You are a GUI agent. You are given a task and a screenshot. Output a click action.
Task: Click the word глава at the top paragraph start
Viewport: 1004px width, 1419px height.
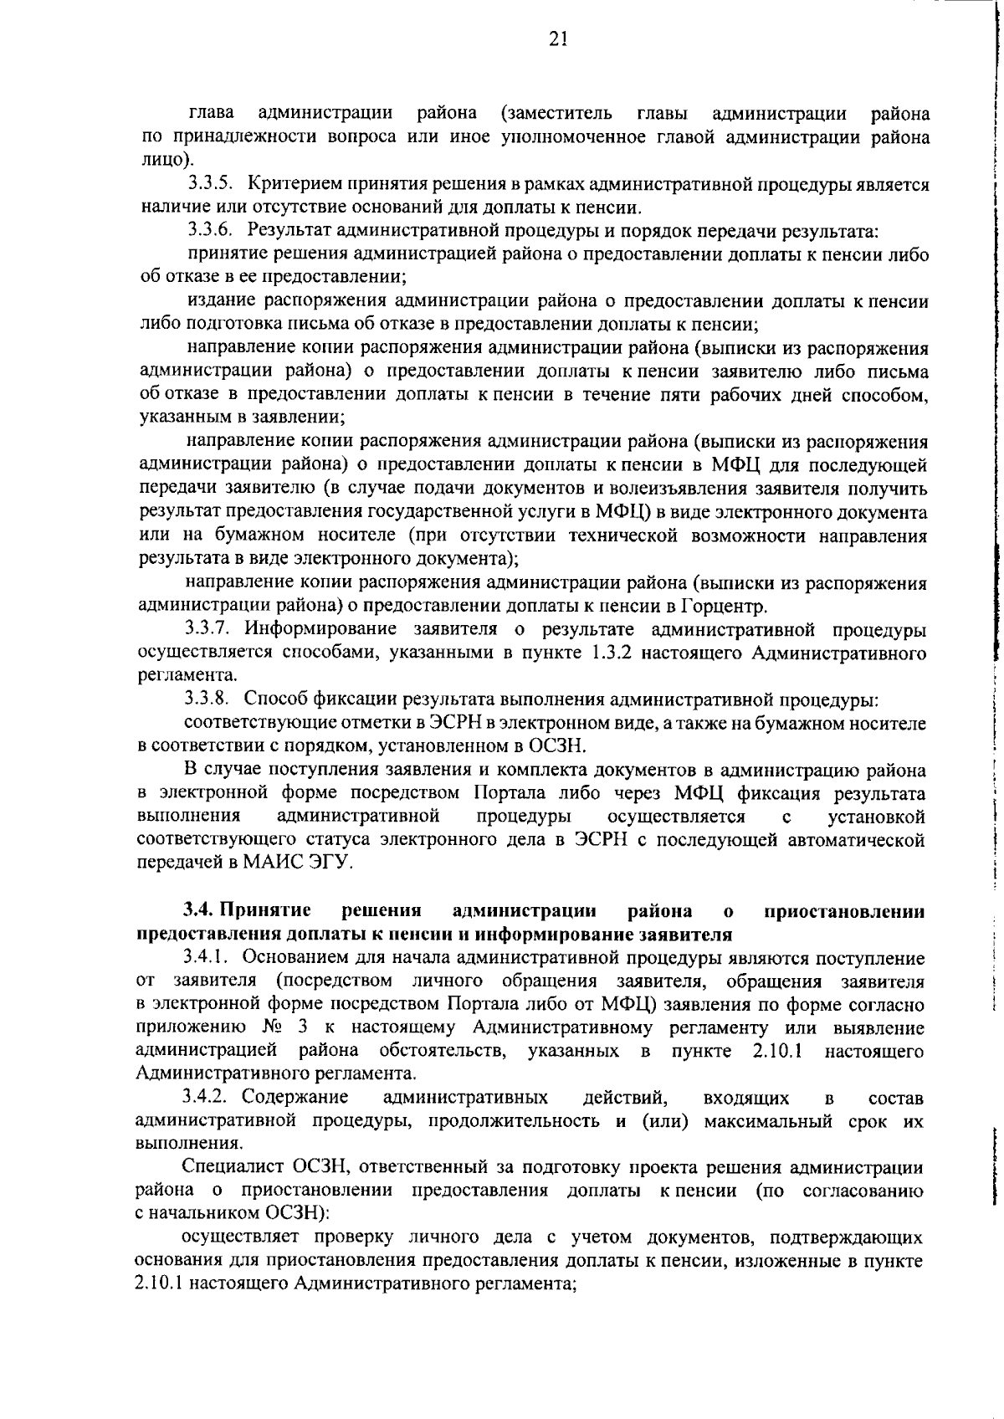212,113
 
